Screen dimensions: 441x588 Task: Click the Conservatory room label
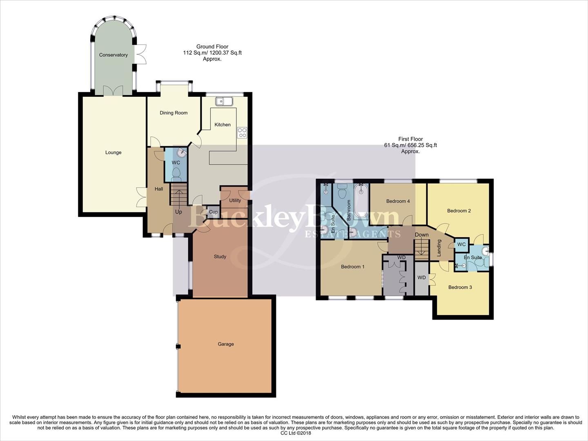click(113, 55)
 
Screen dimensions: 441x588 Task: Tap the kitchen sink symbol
click(224, 101)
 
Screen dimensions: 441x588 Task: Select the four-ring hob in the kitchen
click(242, 132)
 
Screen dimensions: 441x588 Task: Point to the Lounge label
click(113, 152)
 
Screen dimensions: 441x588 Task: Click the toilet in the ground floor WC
click(176, 176)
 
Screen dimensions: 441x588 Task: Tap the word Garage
click(225, 344)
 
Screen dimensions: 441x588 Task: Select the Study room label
click(220, 256)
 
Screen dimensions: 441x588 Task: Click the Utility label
click(235, 200)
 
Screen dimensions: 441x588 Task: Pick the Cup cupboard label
click(213, 212)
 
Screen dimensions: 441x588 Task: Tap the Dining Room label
click(174, 113)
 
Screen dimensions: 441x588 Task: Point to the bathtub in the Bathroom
click(361, 200)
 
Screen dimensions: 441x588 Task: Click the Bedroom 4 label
click(398, 201)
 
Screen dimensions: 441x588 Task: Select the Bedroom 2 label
click(459, 211)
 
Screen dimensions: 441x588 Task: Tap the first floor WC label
click(461, 244)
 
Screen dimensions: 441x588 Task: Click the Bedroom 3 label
click(460, 287)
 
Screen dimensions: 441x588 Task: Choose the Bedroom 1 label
click(352, 267)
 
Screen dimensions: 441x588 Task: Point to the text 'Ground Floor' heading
click(212, 47)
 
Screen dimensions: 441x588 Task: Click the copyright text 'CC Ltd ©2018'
click(296, 433)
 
